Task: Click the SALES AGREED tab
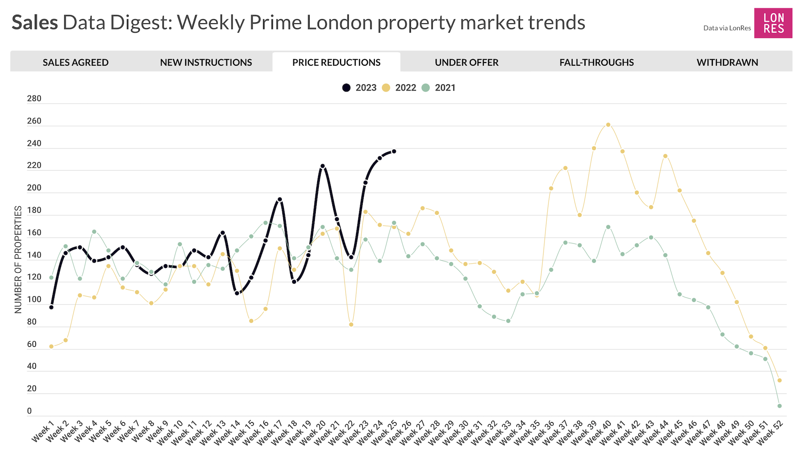point(75,63)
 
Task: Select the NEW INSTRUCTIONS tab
point(206,63)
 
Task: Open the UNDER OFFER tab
point(466,63)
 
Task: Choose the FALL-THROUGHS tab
point(596,63)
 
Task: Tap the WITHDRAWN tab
point(727,63)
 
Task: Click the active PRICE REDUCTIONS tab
point(336,63)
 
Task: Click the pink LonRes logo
point(773,23)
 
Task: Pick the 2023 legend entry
point(360,88)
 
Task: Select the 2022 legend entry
point(400,88)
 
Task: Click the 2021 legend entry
point(440,88)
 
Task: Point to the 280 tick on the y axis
point(34,99)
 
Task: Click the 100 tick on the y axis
point(34,300)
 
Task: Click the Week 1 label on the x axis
point(43,432)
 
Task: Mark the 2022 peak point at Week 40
point(608,125)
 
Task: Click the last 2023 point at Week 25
point(394,151)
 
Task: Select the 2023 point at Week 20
point(322,166)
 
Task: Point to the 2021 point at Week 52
point(779,406)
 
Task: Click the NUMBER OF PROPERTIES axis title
point(18,260)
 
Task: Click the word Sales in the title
point(34,22)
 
